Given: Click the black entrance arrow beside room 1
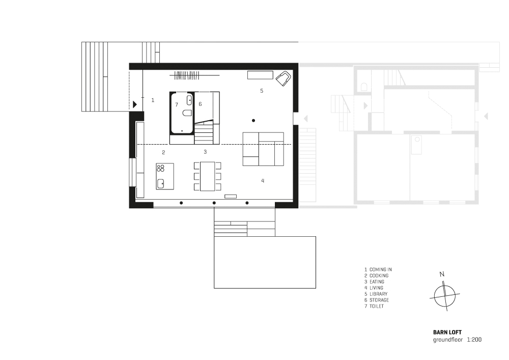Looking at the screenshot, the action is pyautogui.click(x=135, y=104).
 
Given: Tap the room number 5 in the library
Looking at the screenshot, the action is pyautogui.click(x=262, y=91).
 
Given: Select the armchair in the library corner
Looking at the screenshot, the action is pyautogui.click(x=283, y=78).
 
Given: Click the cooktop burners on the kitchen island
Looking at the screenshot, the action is pyautogui.click(x=161, y=168).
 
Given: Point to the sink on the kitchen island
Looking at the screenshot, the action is pyautogui.click(x=161, y=184).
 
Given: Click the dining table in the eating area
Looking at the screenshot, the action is pyautogui.click(x=208, y=176).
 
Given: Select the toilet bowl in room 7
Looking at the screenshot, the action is pyautogui.click(x=187, y=113).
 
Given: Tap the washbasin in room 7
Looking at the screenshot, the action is pyautogui.click(x=189, y=100).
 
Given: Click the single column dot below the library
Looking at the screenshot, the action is pyautogui.click(x=253, y=121).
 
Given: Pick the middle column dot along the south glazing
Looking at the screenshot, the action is pyautogui.click(x=214, y=203).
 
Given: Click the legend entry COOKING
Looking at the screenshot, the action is pyautogui.click(x=379, y=275).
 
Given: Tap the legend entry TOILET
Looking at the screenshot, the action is pyautogui.click(x=377, y=306).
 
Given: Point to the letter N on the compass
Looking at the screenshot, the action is pyautogui.click(x=442, y=274).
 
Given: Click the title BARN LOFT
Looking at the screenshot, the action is pyautogui.click(x=447, y=332).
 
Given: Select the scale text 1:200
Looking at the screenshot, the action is pyautogui.click(x=474, y=340).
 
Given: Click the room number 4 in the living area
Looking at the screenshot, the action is pyautogui.click(x=263, y=181).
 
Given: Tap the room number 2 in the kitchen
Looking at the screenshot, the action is pyautogui.click(x=163, y=152).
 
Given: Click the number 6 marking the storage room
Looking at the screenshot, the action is pyautogui.click(x=200, y=104).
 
